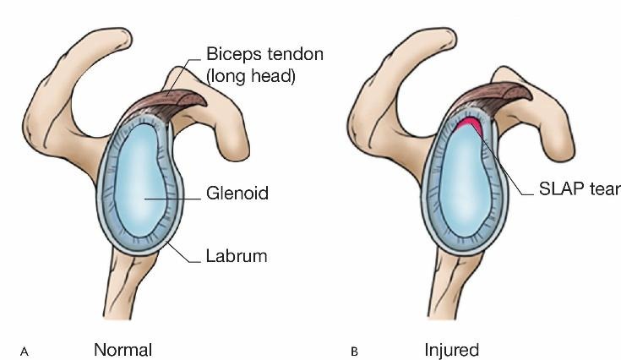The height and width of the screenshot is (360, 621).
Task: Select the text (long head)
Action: pos(251,76)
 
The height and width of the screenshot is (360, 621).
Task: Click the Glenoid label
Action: pos(237,194)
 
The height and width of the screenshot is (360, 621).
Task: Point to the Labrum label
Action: pos(237,256)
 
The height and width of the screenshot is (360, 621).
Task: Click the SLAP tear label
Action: pos(580,189)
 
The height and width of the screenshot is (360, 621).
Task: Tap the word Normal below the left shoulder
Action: pos(123,350)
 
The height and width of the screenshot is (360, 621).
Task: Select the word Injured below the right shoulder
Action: pos(451,350)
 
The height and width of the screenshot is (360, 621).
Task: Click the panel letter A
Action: pos(25,352)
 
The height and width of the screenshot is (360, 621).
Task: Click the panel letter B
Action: pos(355,352)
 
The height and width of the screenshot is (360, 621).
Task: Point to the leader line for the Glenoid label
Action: pos(172,199)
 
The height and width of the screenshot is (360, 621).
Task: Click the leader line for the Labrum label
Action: pos(183,251)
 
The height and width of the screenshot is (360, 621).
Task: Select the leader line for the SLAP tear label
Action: pos(502,161)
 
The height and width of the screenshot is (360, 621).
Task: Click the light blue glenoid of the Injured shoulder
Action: pos(462,183)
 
